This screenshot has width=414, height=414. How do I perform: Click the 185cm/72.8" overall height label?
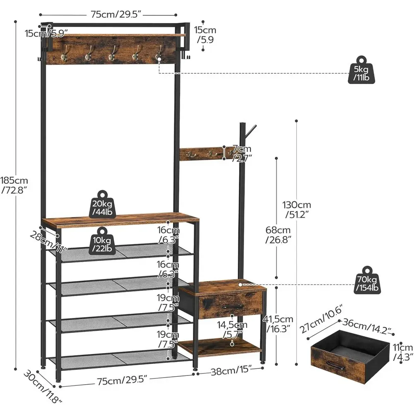tap(14, 185)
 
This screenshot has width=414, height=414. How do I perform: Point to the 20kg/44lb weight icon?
tap(101, 205)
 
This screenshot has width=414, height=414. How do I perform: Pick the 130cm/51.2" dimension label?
tap(297, 209)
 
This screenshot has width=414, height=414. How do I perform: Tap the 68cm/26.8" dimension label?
tap(278, 235)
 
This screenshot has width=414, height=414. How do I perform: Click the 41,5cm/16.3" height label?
tap(278, 323)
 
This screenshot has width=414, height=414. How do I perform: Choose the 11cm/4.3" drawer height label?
tap(402, 352)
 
